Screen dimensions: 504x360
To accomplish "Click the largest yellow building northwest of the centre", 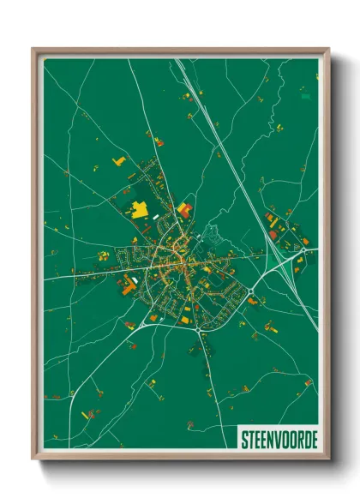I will [x=138, y=207].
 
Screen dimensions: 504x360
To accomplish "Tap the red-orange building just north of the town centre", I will [x=185, y=208].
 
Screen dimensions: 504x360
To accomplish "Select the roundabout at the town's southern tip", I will [x=199, y=329].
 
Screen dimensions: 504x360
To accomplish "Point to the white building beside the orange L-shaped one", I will [x=135, y=280].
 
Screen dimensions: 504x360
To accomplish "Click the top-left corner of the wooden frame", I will [x=33, y=49].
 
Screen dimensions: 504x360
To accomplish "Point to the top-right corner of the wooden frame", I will [x=328, y=49].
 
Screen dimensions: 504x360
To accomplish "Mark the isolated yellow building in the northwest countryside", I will [x=118, y=161].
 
